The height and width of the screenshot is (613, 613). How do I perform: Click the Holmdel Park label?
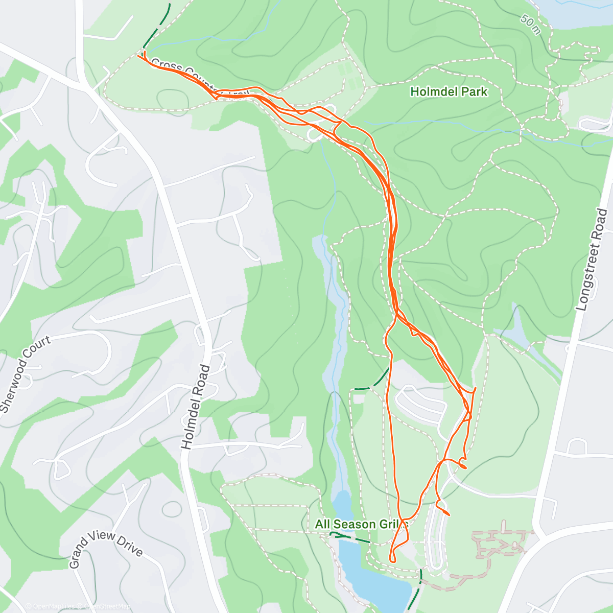tap(449, 92)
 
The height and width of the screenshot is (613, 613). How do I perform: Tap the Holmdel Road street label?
tap(196, 407)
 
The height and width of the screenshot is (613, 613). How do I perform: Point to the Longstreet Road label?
tap(592, 260)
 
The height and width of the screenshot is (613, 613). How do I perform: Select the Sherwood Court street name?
tap(26, 374)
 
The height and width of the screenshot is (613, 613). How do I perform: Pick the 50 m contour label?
tap(531, 24)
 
